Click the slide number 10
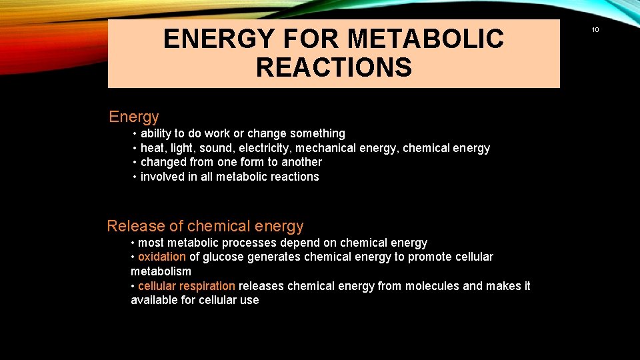[595, 29]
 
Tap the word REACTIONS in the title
[333, 67]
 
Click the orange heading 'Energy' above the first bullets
[134, 117]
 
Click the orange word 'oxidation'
[162, 257]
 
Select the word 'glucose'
[225, 257]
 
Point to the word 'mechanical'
[327, 148]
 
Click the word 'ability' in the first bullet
[156, 133]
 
